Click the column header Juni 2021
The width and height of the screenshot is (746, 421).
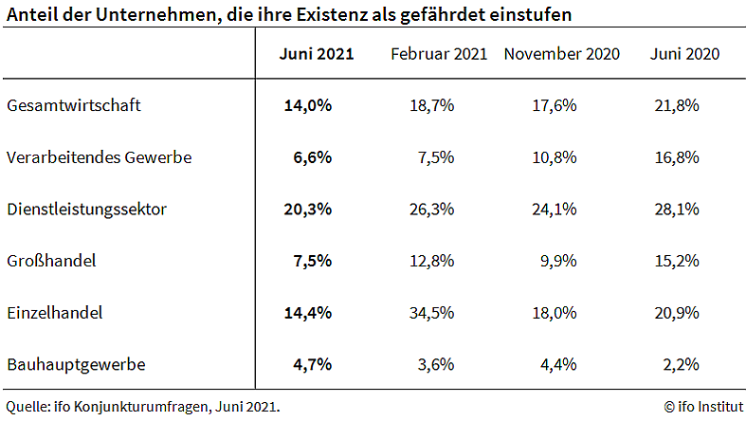(317, 54)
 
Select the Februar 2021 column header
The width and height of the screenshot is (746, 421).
(439, 54)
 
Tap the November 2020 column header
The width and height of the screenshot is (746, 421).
(561, 54)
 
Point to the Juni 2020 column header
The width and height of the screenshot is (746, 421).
(684, 54)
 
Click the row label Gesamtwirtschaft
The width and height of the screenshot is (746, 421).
(74, 106)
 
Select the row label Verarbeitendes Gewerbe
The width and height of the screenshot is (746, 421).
(100, 157)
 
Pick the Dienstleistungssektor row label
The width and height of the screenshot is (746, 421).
(87, 210)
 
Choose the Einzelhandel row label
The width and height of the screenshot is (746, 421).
(54, 312)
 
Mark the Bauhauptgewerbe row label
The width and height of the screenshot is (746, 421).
(76, 364)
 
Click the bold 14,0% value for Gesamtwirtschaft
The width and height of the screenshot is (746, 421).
(308, 106)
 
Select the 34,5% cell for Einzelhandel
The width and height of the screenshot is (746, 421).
(431, 312)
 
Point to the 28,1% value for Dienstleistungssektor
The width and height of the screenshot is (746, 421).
(676, 210)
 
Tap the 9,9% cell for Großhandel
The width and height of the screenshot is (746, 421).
(557, 261)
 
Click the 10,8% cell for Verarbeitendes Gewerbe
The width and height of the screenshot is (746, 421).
(554, 157)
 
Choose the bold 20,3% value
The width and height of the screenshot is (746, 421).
(308, 210)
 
